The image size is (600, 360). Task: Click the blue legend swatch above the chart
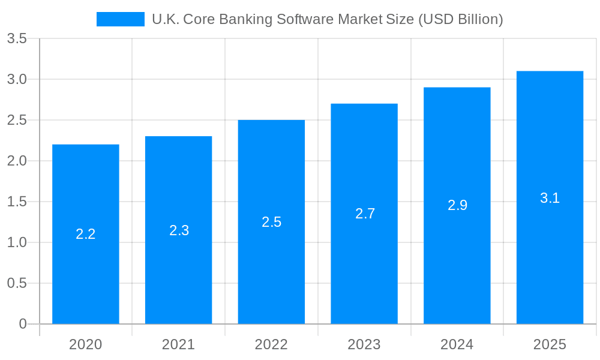click(120, 19)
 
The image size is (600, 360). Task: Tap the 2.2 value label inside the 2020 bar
click(86, 234)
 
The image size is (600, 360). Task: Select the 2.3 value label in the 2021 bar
click(179, 230)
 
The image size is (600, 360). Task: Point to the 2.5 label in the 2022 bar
click(271, 222)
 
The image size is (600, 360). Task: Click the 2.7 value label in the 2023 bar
click(364, 214)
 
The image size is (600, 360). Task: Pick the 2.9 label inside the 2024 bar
click(457, 205)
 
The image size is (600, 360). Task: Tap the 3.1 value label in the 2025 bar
click(550, 198)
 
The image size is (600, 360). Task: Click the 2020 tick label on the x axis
click(86, 344)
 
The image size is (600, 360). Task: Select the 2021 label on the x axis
click(179, 344)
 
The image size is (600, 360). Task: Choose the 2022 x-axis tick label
click(271, 344)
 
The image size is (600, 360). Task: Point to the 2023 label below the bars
click(364, 344)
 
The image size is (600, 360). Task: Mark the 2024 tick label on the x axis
click(457, 344)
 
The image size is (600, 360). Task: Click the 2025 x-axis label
click(550, 344)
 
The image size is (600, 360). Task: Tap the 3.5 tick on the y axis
click(17, 38)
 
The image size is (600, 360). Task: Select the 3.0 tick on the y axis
click(17, 79)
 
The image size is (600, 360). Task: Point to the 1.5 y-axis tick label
click(17, 202)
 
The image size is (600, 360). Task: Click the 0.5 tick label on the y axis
click(17, 283)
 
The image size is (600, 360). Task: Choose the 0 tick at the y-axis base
click(23, 324)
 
